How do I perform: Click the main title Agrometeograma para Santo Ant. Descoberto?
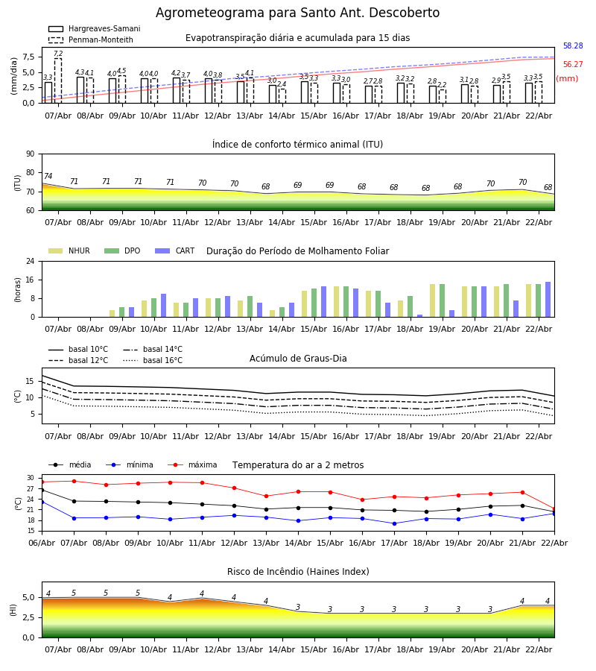tap(297, 13)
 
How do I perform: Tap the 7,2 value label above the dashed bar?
tap(58, 54)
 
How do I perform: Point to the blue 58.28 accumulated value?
tap(573, 46)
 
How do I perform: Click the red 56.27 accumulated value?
tap(573, 65)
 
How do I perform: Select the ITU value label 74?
tap(48, 177)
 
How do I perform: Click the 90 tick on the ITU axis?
tap(30, 154)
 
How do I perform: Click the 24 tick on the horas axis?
tap(30, 261)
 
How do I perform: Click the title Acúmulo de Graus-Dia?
tap(298, 359)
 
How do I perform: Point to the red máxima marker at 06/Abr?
tap(42, 482)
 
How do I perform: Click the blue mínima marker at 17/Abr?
tap(394, 523)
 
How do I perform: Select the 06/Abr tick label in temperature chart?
tap(42, 542)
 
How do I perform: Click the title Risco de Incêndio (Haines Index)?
tap(298, 572)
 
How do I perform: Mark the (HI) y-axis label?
tap(14, 609)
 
